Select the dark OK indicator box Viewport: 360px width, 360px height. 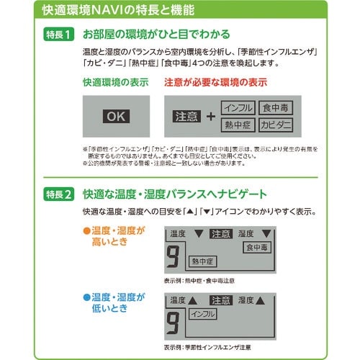[116, 115]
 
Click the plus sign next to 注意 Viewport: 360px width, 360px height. [210, 116]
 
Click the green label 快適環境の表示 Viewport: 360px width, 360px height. [115, 84]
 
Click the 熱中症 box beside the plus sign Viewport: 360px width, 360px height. [238, 125]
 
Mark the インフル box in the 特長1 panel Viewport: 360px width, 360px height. [238, 107]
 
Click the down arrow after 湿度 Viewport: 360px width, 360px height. [269, 233]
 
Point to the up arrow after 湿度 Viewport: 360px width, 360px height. [261, 300]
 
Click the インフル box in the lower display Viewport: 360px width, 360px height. [202, 314]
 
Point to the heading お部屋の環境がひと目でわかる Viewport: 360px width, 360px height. [157, 35]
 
